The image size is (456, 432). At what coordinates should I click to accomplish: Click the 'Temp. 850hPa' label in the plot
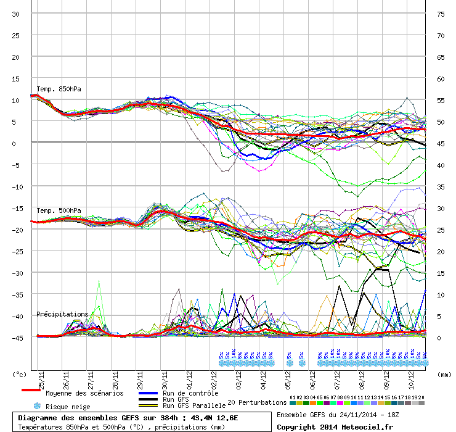(x=59, y=89)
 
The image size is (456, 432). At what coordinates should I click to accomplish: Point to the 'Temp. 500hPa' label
(x=59, y=210)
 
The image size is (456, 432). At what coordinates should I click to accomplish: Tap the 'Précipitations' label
(x=62, y=314)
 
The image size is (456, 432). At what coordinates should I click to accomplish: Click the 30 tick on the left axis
(x=16, y=14)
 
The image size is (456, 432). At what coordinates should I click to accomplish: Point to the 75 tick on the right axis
(x=441, y=14)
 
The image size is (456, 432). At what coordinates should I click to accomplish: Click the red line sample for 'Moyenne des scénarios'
(x=31, y=390)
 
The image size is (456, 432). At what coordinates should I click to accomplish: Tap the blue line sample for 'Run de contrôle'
(x=149, y=393)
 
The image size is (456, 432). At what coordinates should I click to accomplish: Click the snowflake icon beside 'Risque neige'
(x=37, y=406)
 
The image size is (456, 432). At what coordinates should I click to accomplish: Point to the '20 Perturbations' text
(x=257, y=402)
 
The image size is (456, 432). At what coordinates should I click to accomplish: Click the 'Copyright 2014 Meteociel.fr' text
(x=335, y=426)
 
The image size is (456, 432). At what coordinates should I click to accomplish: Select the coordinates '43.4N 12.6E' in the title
(x=213, y=418)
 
